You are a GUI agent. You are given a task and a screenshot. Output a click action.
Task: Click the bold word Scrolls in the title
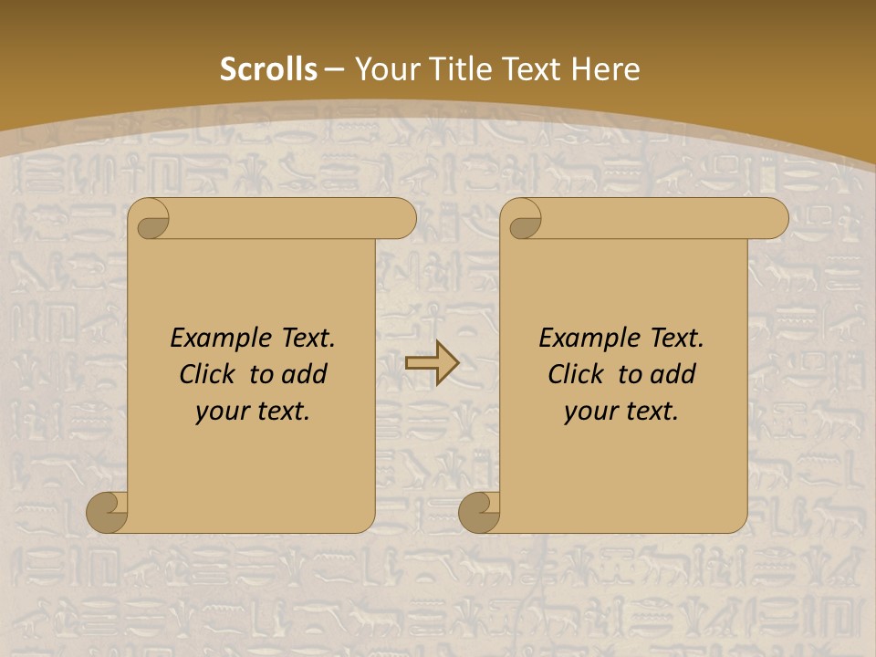pyautogui.click(x=268, y=69)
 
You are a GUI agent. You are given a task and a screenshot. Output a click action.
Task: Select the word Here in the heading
pyautogui.click(x=605, y=69)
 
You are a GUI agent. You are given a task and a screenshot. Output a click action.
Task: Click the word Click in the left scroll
pyautogui.click(x=201, y=375)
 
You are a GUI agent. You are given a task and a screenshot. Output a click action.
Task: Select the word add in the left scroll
pyautogui.click(x=305, y=375)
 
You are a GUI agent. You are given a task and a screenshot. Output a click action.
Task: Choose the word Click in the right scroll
pyautogui.click(x=569, y=375)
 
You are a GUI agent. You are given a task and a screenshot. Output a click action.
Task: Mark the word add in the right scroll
pyautogui.click(x=673, y=375)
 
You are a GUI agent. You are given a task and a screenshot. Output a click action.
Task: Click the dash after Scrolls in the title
pyautogui.click(x=334, y=69)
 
